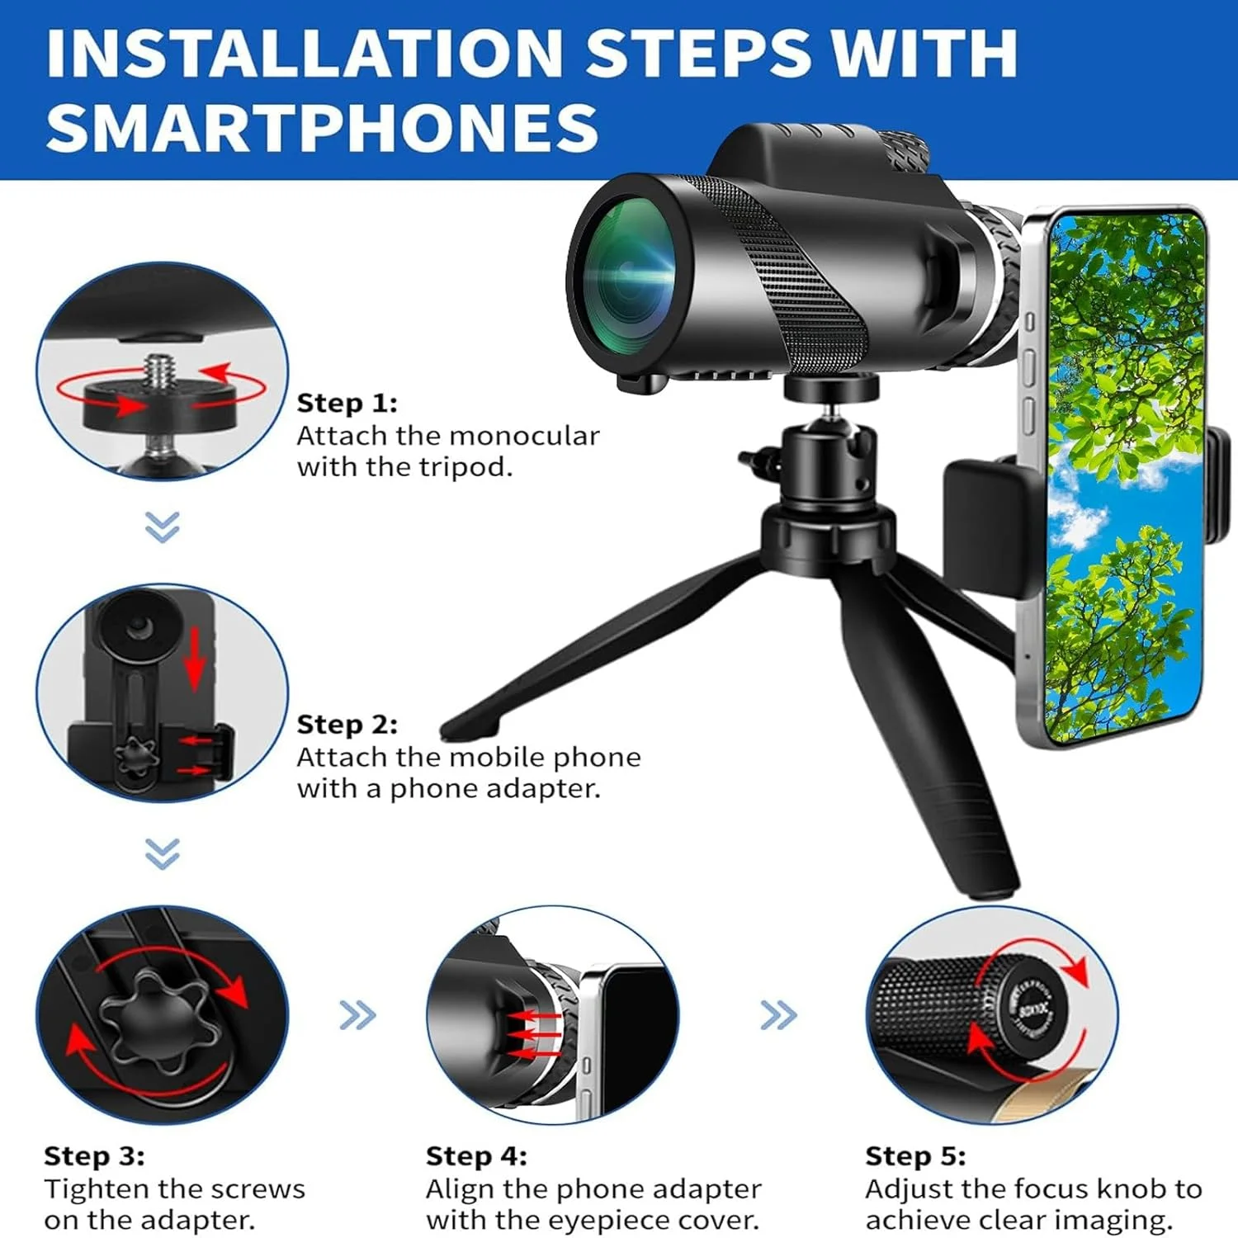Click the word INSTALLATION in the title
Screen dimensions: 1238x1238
click(x=305, y=53)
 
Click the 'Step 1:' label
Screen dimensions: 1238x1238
click(x=347, y=403)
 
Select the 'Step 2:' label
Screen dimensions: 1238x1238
click(x=347, y=725)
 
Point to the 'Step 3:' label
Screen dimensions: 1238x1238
click(x=94, y=1156)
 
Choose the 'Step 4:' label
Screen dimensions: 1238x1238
click(x=476, y=1156)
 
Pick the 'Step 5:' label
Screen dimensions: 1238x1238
click(x=915, y=1156)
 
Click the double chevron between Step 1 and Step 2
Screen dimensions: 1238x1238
click(x=162, y=527)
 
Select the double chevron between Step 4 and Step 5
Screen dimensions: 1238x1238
click(x=778, y=1015)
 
